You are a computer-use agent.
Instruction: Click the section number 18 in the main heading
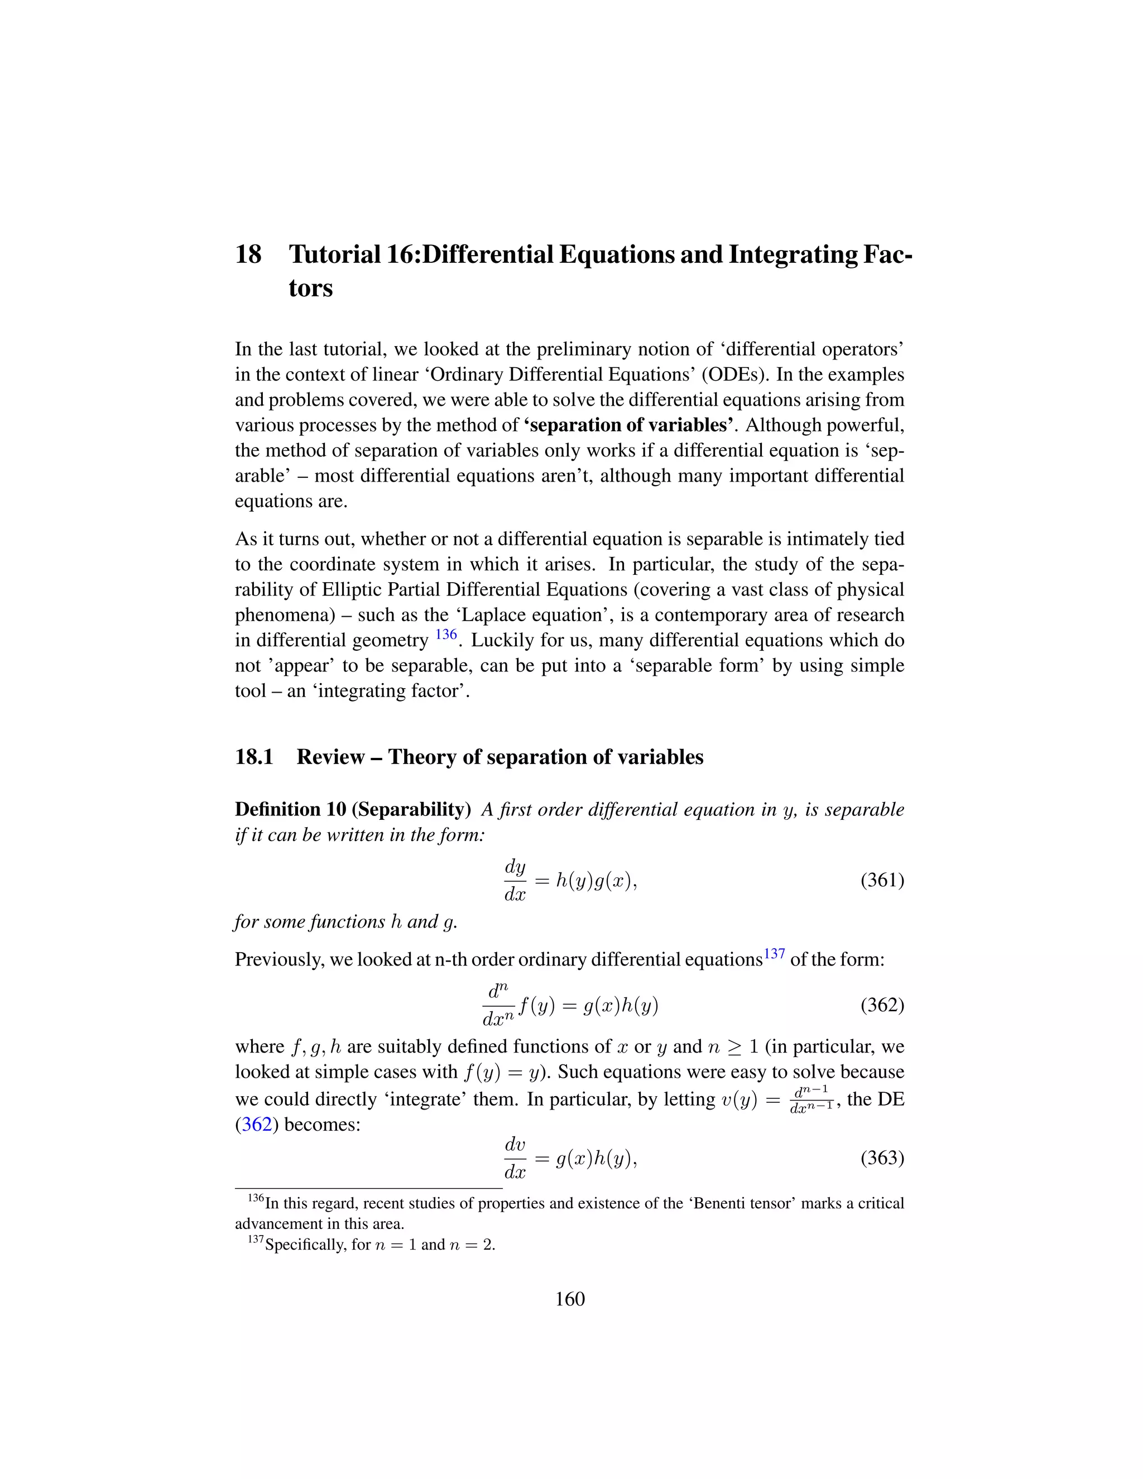[248, 254]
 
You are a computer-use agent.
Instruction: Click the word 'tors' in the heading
[310, 289]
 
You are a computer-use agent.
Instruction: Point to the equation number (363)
[882, 1158]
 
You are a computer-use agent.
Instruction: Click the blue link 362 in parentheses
[257, 1125]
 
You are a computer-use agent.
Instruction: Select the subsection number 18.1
[254, 757]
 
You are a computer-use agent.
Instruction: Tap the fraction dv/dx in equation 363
[515, 1158]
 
